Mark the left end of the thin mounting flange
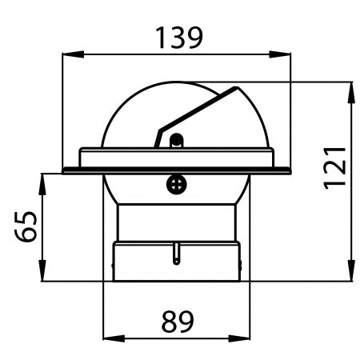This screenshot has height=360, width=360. (66, 170)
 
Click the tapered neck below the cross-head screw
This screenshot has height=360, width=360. (177, 220)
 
